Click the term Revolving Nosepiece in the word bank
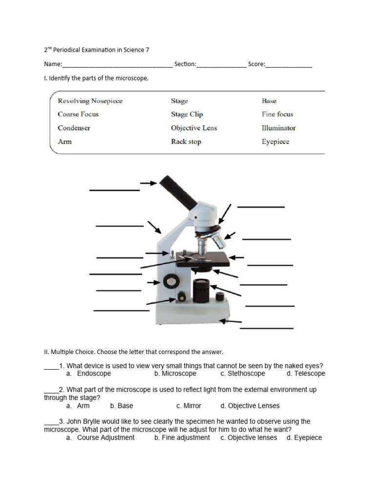tap(90, 101)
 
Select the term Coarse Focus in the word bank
tap(78, 114)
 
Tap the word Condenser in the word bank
tap(74, 128)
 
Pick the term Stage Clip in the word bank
tap(187, 114)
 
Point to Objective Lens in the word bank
tap(194, 128)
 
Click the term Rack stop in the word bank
tap(186, 142)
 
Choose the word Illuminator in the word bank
tap(279, 128)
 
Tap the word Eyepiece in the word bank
tap(275, 142)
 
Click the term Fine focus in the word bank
tap(277, 114)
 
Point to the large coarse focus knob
tap(171, 281)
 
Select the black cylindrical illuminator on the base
tap(201, 291)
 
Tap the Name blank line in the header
tap(117, 66)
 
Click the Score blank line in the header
tap(289, 66)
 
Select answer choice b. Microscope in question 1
tap(175, 374)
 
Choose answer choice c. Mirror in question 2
tap(188, 406)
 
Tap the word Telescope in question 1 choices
tap(310, 374)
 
